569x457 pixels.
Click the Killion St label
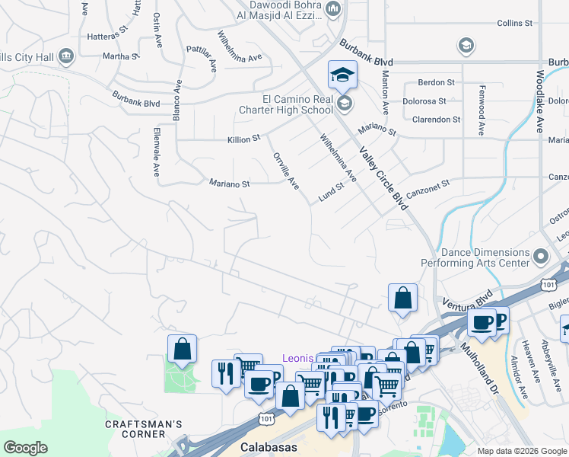click(243, 139)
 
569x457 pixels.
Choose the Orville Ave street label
click(286, 171)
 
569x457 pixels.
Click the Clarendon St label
click(436, 120)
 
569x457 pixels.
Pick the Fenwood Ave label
click(482, 110)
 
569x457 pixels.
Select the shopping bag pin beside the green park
click(183, 350)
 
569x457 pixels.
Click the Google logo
click(26, 447)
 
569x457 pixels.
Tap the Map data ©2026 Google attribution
click(522, 451)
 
